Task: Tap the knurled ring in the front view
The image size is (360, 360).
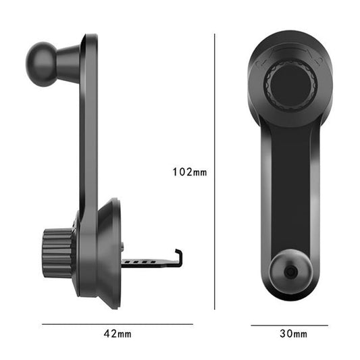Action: click(x=290, y=84)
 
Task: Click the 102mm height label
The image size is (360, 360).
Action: click(x=190, y=172)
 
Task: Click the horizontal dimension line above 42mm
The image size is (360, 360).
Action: click(x=119, y=324)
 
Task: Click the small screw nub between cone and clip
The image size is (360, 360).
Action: click(x=124, y=246)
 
